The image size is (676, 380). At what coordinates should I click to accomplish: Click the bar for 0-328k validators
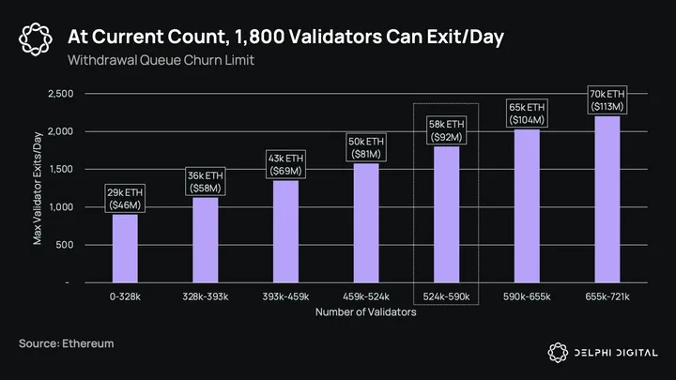pos(125,249)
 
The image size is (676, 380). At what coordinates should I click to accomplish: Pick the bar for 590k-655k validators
pos(527,205)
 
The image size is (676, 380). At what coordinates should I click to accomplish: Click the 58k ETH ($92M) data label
pos(447,129)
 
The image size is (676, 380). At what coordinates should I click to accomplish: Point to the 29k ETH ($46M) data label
pos(125,197)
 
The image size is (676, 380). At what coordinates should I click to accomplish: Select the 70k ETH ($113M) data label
pos(607,99)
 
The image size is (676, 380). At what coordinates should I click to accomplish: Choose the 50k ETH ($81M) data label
pos(366,146)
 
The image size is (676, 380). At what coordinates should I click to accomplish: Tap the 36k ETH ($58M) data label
pos(206,180)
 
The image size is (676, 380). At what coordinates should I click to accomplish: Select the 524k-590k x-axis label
pos(446,297)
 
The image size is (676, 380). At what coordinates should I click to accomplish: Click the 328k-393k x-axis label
pos(206,297)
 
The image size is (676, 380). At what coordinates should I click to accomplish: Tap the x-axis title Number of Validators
pos(366,312)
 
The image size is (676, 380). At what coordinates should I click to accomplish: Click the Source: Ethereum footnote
pos(66,344)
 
